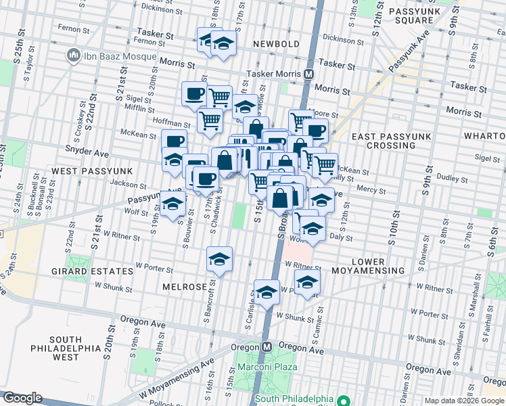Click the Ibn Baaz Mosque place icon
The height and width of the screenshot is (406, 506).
click(72, 55)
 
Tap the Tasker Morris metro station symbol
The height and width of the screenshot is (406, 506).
click(308, 74)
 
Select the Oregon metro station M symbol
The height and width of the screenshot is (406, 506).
click(267, 346)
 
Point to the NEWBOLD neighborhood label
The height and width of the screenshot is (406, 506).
click(276, 44)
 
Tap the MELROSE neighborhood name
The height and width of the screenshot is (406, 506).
click(185, 287)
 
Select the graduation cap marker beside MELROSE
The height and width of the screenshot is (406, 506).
click(219, 259)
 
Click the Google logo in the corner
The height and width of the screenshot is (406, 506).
click(22, 398)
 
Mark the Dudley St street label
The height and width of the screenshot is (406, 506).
click(447, 179)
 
